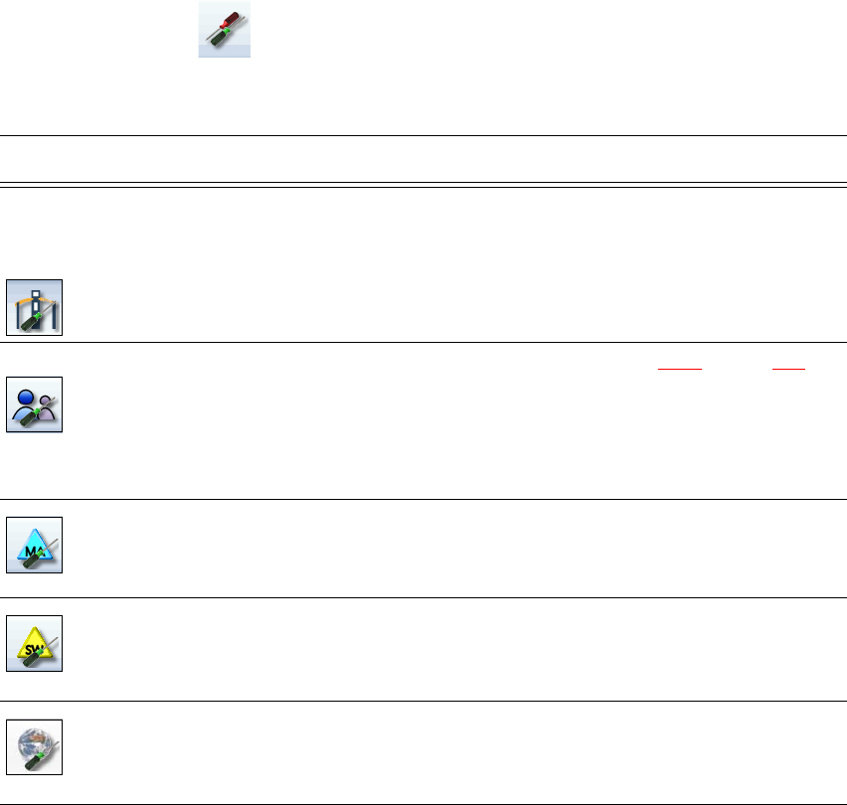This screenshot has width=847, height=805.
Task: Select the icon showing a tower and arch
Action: tap(35, 307)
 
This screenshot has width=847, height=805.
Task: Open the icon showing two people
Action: tap(35, 404)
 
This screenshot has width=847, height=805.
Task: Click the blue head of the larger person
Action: tap(27, 394)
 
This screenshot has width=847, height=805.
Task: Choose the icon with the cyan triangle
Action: tap(35, 545)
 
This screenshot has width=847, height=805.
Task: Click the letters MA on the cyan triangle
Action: tap(32, 546)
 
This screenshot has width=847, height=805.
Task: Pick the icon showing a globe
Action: tap(35, 746)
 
